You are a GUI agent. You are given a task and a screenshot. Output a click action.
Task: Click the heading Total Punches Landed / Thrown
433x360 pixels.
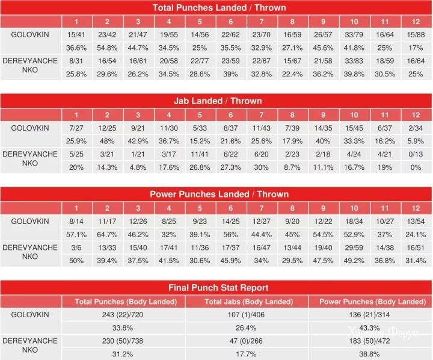(219, 8)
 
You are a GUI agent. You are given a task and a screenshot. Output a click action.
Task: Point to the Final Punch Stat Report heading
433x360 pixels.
(219, 287)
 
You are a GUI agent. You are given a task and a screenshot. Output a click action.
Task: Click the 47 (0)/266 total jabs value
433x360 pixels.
(247, 341)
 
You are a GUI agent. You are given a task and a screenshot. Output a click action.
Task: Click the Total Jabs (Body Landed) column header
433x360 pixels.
(247, 301)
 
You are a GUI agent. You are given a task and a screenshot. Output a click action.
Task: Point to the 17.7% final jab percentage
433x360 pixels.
(247, 354)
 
